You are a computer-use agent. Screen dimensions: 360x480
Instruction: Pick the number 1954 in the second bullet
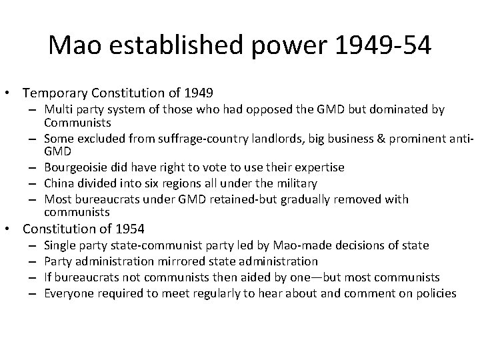click(128, 229)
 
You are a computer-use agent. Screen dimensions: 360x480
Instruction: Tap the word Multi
click(58, 109)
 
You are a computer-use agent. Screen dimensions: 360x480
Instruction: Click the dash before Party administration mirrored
click(31, 262)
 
